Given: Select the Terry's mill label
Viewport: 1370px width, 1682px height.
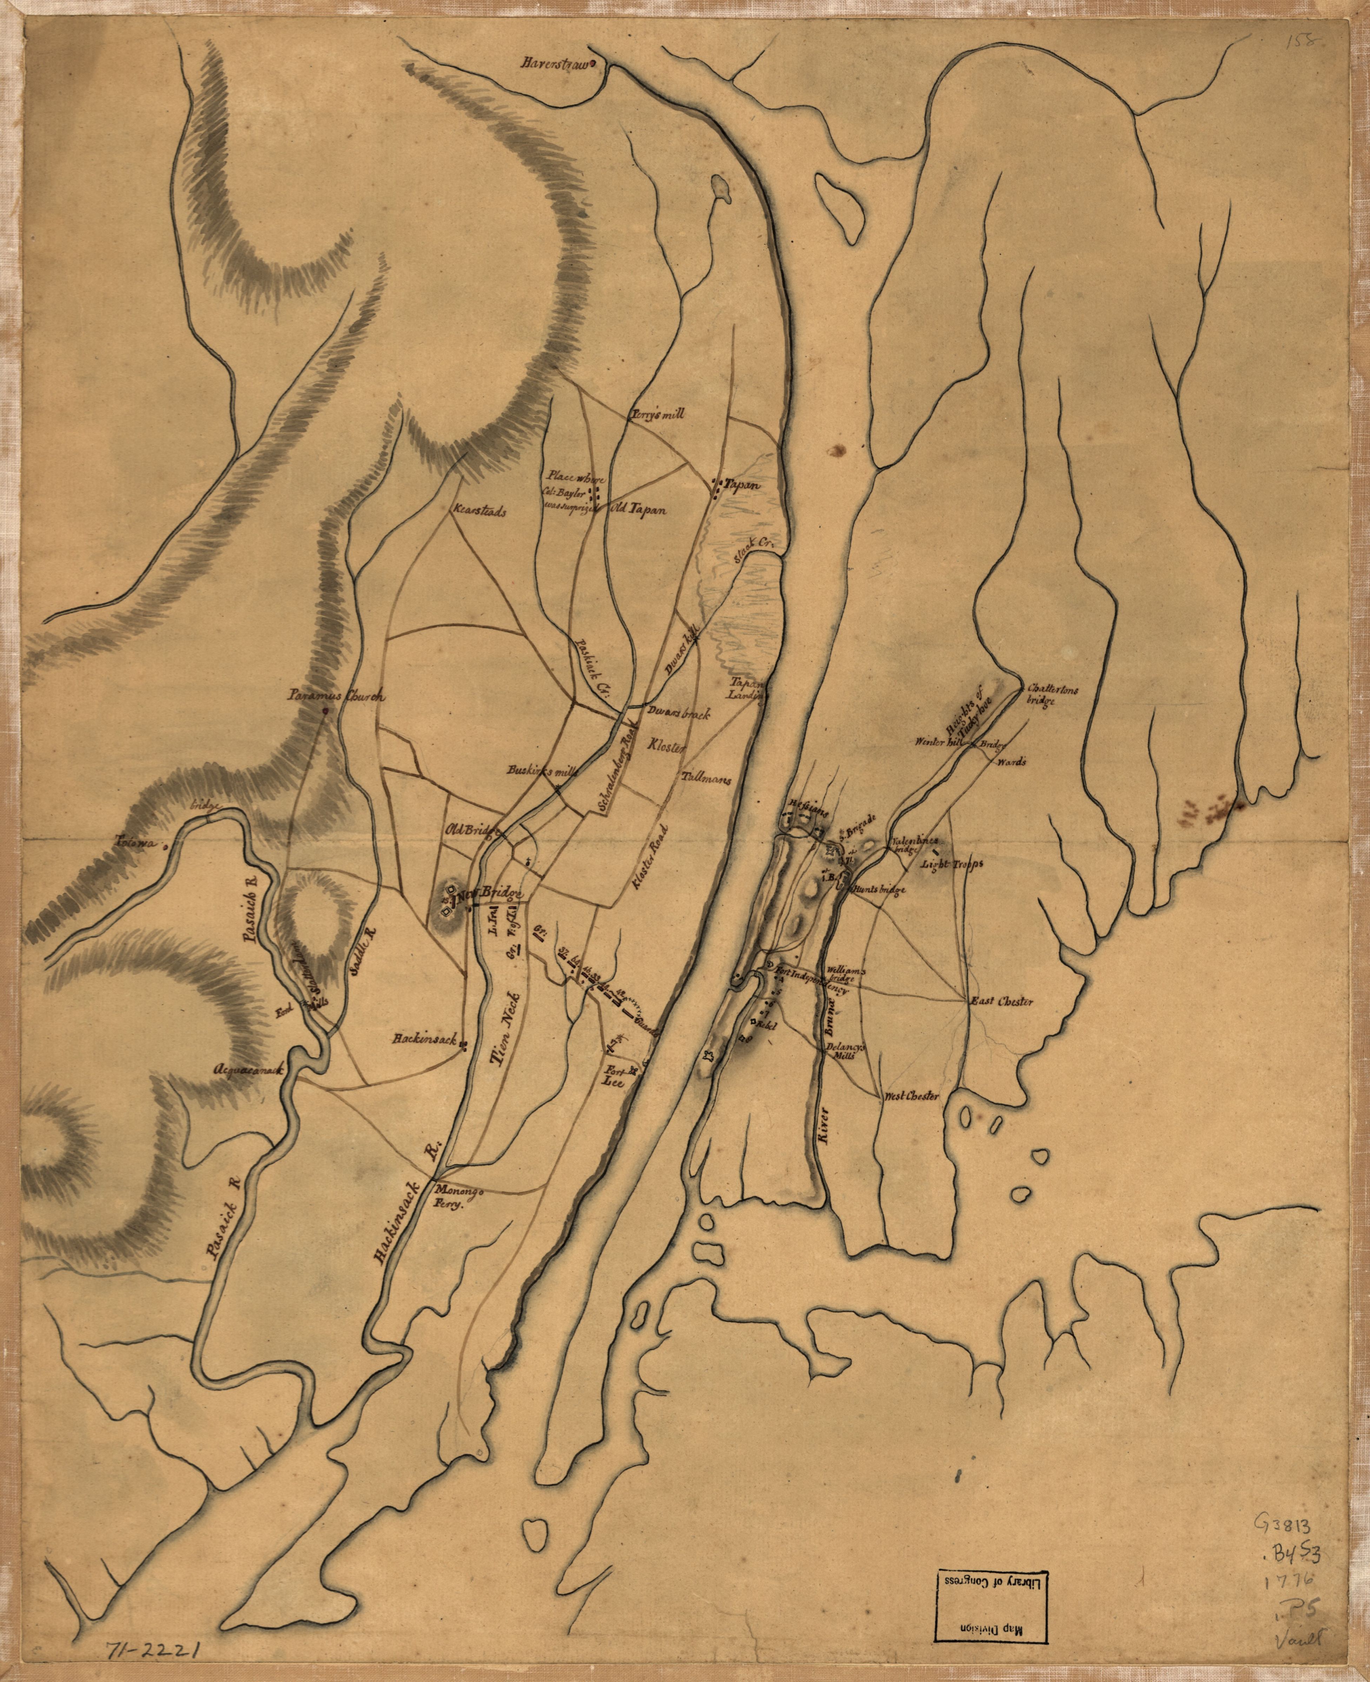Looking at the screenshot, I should tap(657, 413).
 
